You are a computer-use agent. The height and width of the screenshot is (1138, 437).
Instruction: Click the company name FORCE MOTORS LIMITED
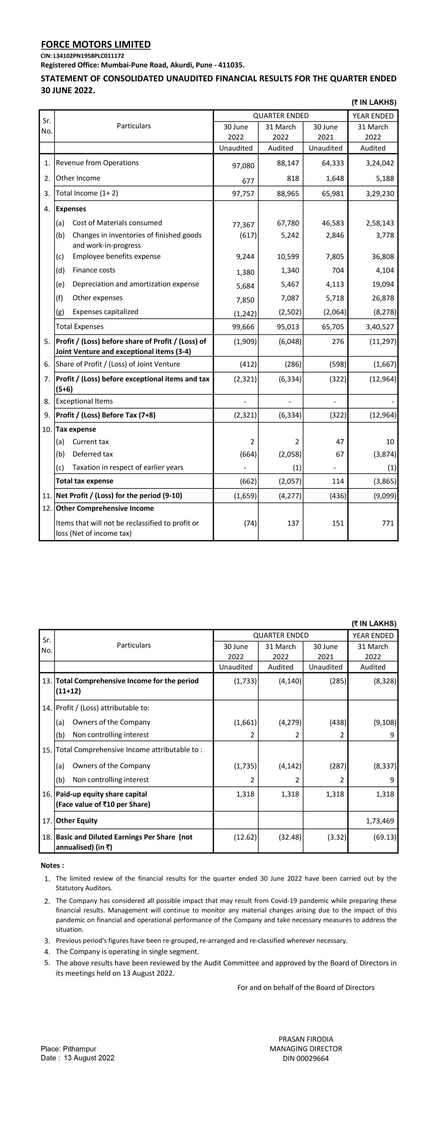pyautogui.click(x=95, y=44)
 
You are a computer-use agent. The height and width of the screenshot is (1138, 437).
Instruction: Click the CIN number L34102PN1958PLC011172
pyautogui.click(x=82, y=56)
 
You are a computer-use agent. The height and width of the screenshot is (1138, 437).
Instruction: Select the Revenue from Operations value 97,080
pyautogui.click(x=243, y=166)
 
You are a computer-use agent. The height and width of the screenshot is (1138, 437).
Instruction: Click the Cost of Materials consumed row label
pyautogui.click(x=117, y=223)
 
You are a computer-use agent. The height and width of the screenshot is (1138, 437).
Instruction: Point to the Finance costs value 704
pyautogui.click(x=337, y=270)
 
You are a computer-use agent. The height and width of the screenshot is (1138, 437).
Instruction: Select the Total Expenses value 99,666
pyautogui.click(x=243, y=327)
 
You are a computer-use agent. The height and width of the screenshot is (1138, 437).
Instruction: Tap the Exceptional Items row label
pyautogui.click(x=84, y=401)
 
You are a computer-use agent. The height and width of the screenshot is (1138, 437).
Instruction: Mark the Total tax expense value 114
pyautogui.click(x=338, y=481)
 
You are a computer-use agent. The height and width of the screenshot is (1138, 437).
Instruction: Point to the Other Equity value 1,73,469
pyautogui.click(x=380, y=821)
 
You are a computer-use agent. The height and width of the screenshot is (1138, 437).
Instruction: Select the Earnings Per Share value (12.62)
pyautogui.click(x=246, y=837)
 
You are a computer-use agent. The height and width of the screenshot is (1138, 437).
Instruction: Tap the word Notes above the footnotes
pyautogui.click(x=52, y=865)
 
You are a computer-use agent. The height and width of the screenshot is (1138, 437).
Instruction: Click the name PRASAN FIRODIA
pyautogui.click(x=306, y=1039)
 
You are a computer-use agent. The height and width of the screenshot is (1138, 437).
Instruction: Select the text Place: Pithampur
pyautogui.click(x=68, y=1049)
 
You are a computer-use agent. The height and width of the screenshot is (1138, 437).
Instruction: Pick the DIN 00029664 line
pyautogui.click(x=306, y=1058)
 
